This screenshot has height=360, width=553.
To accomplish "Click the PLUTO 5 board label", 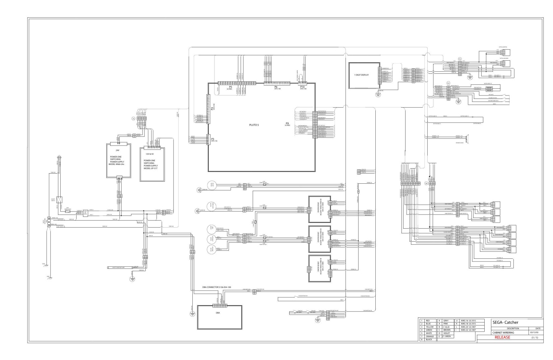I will (x=254, y=125).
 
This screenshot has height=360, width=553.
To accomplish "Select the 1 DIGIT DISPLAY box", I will (x=364, y=75).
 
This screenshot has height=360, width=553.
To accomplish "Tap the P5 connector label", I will (x=230, y=87).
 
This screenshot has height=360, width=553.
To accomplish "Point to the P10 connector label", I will (x=303, y=87).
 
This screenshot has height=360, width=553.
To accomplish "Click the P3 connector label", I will (x=212, y=139).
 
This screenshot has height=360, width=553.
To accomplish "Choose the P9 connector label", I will (x=287, y=124).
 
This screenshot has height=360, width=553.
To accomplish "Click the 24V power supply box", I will (x=119, y=161).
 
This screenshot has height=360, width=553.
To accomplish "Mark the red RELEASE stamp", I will (x=502, y=338).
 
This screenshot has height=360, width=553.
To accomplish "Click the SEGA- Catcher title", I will (x=505, y=322).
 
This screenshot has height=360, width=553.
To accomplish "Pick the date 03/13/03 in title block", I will (x=534, y=333).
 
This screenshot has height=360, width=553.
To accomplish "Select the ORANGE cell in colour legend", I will (x=430, y=336).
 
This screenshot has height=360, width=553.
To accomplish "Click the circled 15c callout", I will (x=460, y=59).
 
